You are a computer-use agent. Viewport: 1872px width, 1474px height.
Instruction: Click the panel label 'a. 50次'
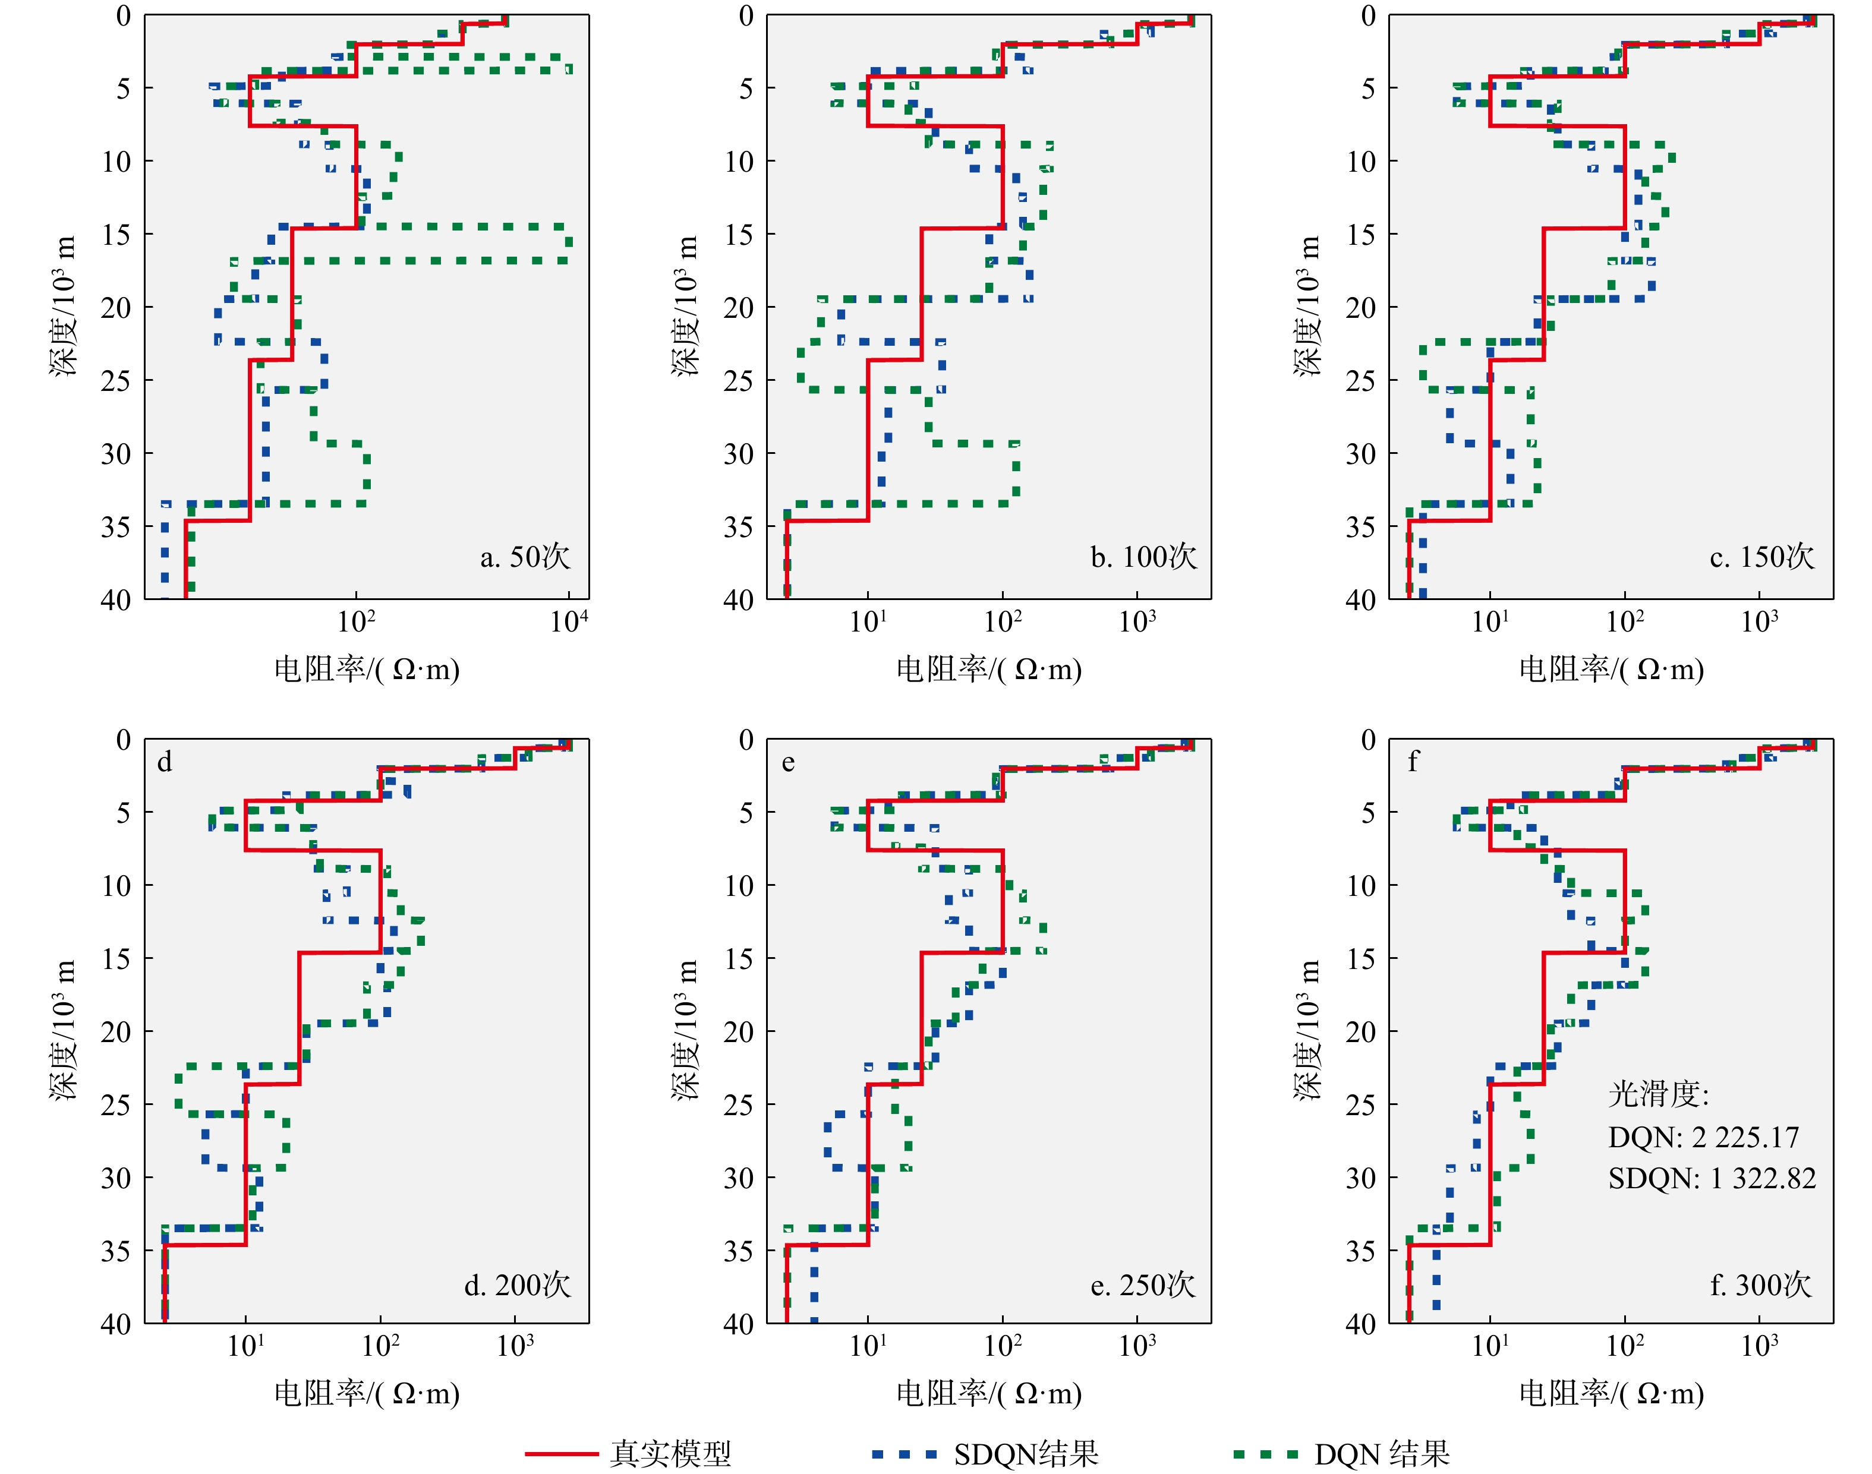(x=525, y=557)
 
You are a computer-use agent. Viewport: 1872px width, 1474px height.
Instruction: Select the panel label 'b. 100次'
(x=1143, y=557)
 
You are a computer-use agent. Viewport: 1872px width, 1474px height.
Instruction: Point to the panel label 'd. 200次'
(x=517, y=1285)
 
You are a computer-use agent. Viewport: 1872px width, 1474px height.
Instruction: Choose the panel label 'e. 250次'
(x=1143, y=1285)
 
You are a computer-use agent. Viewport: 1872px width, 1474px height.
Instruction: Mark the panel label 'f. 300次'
(x=1761, y=1285)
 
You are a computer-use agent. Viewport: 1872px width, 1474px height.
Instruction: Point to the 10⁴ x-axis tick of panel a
(x=569, y=621)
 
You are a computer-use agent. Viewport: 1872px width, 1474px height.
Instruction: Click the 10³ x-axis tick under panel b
(x=1137, y=621)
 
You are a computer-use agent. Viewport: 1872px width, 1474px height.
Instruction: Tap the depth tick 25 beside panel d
(x=116, y=1104)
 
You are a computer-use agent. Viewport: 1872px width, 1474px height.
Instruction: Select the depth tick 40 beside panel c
(x=1360, y=600)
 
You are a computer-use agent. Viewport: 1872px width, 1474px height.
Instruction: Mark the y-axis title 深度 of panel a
(x=64, y=307)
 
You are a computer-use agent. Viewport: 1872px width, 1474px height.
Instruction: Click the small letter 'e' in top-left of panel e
(x=788, y=763)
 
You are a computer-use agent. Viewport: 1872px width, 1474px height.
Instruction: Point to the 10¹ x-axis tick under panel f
(x=1490, y=1346)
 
